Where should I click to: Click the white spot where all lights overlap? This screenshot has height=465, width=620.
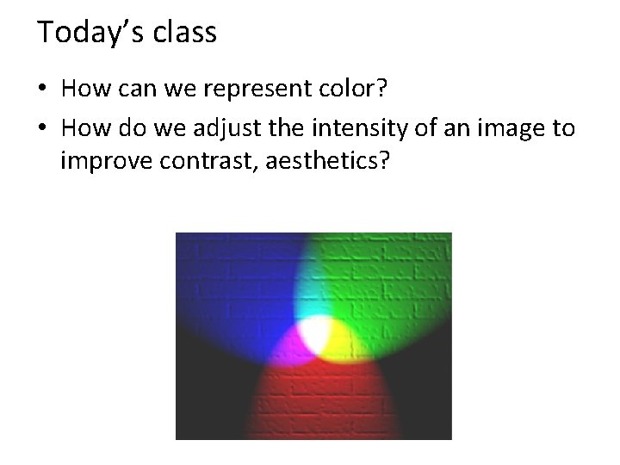click(317, 335)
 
